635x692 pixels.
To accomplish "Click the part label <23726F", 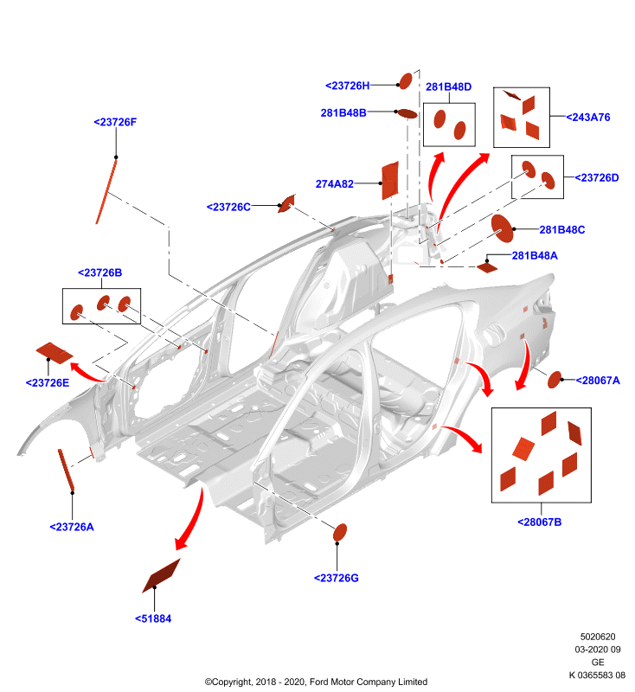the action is coord(115,122).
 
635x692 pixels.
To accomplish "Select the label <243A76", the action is coord(587,118).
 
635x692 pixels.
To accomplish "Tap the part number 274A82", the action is coord(335,184).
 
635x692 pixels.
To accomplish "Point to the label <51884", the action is coord(153,618).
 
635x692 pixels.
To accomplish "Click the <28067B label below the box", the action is coord(539,522).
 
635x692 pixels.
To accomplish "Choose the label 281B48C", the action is coord(561,230).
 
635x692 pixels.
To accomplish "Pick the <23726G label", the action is coord(337,578).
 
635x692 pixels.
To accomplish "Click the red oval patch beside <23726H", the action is coord(405,80).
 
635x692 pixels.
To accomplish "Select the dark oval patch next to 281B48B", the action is coord(407,114).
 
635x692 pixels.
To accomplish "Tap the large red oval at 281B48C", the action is coord(502,228).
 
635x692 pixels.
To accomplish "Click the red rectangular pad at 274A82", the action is coord(389,180).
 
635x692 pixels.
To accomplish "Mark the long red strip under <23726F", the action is coord(106,191).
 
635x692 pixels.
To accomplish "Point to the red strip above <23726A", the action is coord(66,470).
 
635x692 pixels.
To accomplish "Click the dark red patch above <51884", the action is coord(161,576).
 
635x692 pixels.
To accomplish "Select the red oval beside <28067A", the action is coord(555,380).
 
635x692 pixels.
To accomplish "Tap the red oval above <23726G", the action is coord(340,532).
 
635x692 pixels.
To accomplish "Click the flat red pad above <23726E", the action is coord(55,353).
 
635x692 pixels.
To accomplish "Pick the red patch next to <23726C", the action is coord(286,203).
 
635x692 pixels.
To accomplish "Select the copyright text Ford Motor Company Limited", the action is coord(369,682).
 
